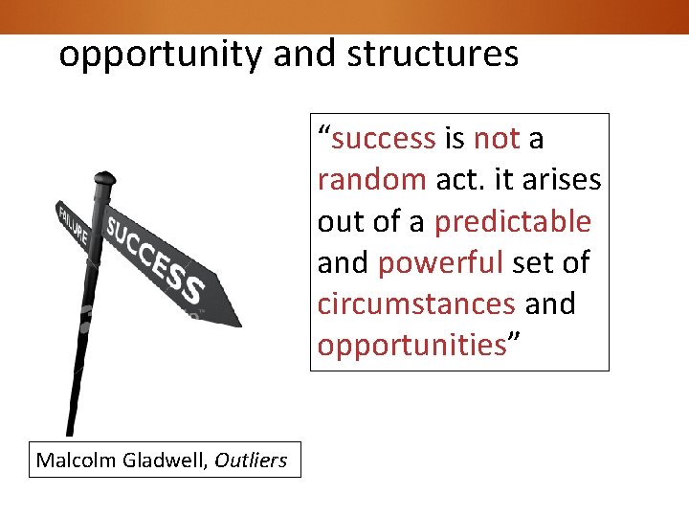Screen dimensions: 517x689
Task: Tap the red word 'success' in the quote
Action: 383,139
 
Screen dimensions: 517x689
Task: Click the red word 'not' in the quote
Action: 497,139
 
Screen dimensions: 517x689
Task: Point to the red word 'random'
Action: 372,180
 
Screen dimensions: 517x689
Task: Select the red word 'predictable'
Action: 513,221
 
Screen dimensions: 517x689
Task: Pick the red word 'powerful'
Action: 440,262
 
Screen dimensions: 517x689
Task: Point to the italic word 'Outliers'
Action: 251,461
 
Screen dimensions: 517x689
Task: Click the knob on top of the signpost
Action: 103,179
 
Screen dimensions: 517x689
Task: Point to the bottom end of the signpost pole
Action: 69,431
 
